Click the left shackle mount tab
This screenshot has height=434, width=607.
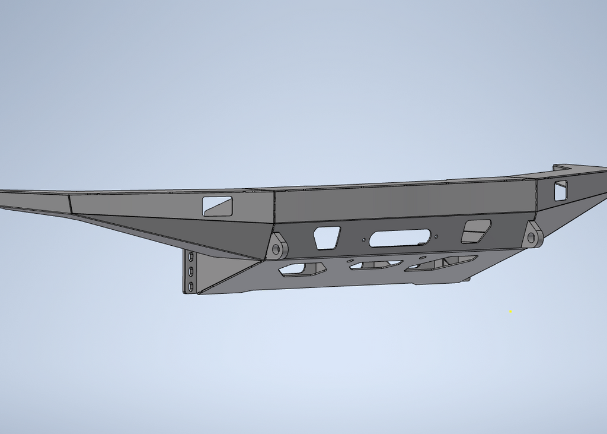pos(277,246)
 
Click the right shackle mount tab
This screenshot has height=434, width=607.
pos(532,236)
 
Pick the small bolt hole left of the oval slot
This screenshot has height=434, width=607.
pos(363,239)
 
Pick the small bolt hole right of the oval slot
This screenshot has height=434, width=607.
pos(437,236)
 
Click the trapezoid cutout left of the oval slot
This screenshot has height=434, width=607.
pos(327,237)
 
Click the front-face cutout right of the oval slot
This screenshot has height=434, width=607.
pos(476,232)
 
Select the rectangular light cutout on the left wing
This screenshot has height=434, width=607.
pos(218,206)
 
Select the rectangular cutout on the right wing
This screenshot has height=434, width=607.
pos(561,190)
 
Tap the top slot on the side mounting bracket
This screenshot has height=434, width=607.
pos(191,258)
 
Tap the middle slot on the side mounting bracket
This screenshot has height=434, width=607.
pos(191,272)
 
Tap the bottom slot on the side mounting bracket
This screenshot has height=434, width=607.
pos(191,286)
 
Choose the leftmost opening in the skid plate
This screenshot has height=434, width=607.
pos(302,270)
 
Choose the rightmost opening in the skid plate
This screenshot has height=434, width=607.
pos(442,263)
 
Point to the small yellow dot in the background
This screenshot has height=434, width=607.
pos(510,311)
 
